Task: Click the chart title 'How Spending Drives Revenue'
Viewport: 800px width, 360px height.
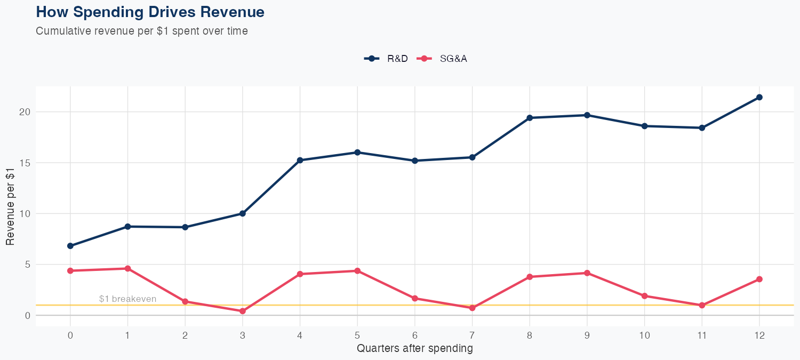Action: [150, 12]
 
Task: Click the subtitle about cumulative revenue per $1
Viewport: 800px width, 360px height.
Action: [142, 31]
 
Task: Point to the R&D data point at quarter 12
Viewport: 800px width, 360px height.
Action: [759, 97]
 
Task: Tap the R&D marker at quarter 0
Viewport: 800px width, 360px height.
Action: [70, 246]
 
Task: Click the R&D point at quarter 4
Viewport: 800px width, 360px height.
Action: [300, 160]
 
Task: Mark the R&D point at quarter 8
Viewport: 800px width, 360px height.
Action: [530, 118]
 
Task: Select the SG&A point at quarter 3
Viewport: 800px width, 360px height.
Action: [243, 311]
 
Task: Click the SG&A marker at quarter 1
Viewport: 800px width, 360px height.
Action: [127, 268]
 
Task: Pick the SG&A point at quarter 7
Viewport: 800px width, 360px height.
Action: [472, 308]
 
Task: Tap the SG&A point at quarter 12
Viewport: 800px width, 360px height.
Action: [759, 279]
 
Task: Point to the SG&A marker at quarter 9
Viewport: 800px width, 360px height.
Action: [587, 273]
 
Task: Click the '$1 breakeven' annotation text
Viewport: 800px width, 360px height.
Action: [127, 299]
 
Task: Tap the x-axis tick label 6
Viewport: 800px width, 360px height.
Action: [414, 335]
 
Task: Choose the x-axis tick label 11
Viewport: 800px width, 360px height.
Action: [702, 335]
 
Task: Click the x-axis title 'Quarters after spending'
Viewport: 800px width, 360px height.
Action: [414, 349]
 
